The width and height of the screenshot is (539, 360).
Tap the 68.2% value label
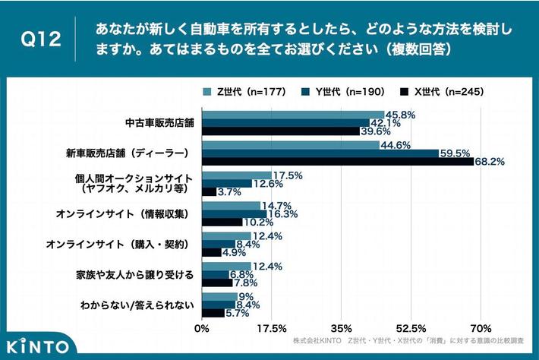[491, 161]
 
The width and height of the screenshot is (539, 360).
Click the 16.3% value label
[283, 215]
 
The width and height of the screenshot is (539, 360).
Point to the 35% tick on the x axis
[342, 328]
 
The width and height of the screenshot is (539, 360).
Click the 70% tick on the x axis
[481, 328]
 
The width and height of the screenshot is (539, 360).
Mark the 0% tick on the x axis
[202, 328]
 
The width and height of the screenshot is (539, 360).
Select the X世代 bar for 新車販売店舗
[338, 162]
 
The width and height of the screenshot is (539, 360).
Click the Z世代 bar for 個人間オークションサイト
[236, 175]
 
